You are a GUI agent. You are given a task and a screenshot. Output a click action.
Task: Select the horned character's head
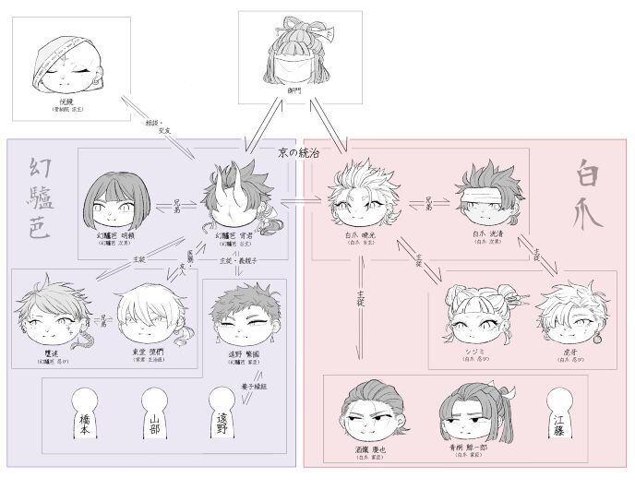[x=234, y=199]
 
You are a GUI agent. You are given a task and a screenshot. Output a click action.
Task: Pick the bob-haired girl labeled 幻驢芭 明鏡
[x=115, y=204]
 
